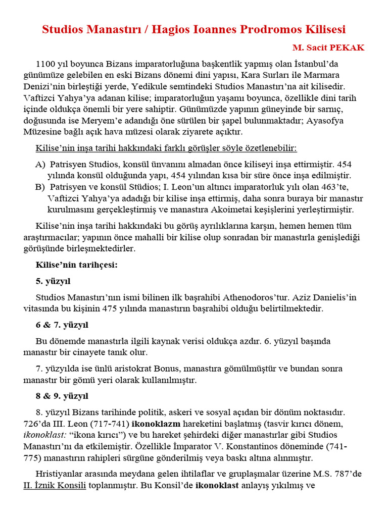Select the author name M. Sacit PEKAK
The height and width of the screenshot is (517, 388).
click(x=328, y=47)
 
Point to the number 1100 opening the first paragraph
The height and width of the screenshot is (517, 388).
click(x=45, y=64)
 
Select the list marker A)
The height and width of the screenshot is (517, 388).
click(x=40, y=164)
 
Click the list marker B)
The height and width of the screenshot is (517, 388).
click(x=40, y=187)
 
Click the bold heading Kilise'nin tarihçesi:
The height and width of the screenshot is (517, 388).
click(x=76, y=265)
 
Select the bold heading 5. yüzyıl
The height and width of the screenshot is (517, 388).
click(x=53, y=280)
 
